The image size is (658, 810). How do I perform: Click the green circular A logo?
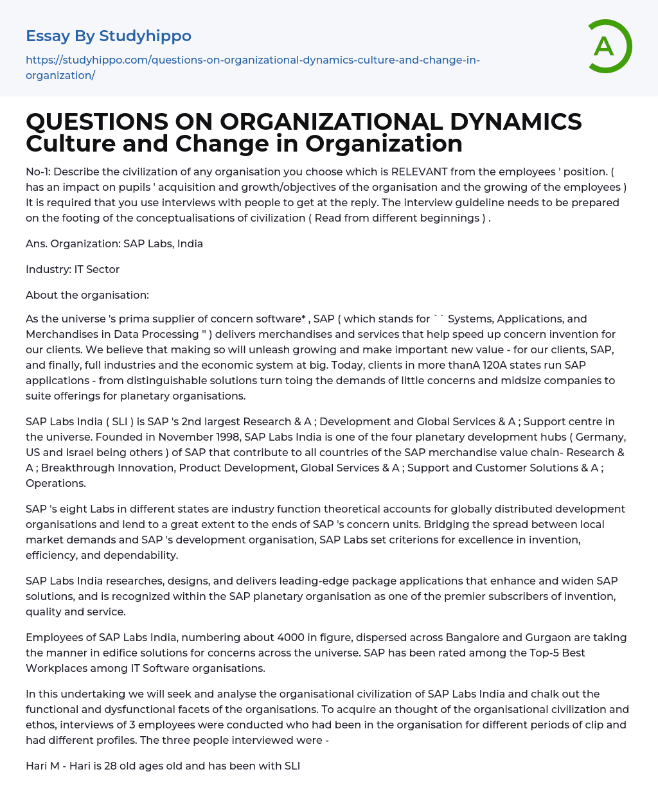coord(606,46)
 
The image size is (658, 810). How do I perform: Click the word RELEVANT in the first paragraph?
coord(422,172)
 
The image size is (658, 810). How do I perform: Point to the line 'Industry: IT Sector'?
coord(73,269)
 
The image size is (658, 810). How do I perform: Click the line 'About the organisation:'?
coord(87,295)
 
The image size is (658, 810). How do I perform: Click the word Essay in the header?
coord(48,36)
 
